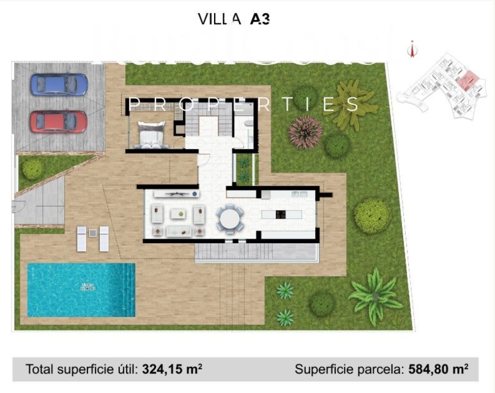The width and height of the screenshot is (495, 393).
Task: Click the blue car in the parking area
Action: pyautogui.click(x=59, y=85)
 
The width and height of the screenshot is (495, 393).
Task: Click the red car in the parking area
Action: pyautogui.click(x=59, y=122)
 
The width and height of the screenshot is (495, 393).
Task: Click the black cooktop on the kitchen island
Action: pyautogui.click(x=280, y=214)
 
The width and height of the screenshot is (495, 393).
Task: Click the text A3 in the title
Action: pyautogui.click(x=260, y=19)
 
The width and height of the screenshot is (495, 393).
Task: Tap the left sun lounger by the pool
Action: pyautogui.click(x=82, y=239)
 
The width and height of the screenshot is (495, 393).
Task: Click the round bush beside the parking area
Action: pyautogui.click(x=33, y=169)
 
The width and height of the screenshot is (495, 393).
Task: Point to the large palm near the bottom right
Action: pyautogui.click(x=374, y=295)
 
